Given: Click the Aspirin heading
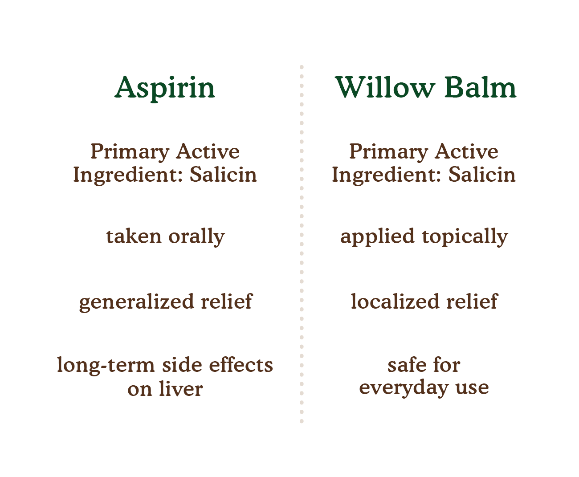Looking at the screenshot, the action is point(165,88).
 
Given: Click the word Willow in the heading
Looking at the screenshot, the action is point(385,87).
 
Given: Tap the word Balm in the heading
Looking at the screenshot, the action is point(480,87).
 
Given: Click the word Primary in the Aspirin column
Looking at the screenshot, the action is point(130,152).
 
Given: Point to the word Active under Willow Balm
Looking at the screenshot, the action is point(466,151).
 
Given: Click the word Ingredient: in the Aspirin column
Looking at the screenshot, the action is point(128,176).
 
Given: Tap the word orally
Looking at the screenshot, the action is point(196,237).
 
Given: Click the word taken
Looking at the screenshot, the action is point(134,236).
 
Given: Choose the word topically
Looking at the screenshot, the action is point(465,237).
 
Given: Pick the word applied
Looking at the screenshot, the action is point(377,237).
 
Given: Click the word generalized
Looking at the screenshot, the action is point(136,302).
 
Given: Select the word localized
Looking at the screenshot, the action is point(395,301).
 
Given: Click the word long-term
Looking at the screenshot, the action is point(106,366).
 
